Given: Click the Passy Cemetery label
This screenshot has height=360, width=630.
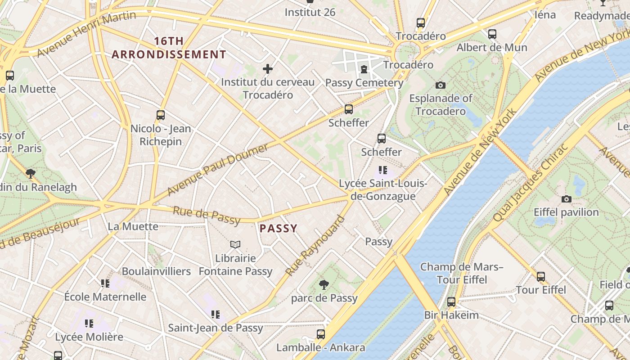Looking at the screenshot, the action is pyautogui.click(x=364, y=83).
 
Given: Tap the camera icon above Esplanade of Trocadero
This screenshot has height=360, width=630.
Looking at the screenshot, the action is pyautogui.click(x=441, y=85).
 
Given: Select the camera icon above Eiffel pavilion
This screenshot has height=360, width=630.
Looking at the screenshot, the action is pyautogui.click(x=566, y=199).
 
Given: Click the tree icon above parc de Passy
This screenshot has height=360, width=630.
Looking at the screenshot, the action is pyautogui.click(x=324, y=284).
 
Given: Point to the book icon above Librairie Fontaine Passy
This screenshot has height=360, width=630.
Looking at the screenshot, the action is pyautogui.click(x=235, y=245).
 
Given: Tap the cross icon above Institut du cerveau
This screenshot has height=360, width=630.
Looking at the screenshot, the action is pyautogui.click(x=268, y=69).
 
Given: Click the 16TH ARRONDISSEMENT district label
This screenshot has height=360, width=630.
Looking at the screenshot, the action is pyautogui.click(x=169, y=48).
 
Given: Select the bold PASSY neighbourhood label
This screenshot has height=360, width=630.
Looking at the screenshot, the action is pyautogui.click(x=279, y=228).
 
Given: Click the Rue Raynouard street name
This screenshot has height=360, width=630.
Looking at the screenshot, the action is pyautogui.click(x=315, y=246).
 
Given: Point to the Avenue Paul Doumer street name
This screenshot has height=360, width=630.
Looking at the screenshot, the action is pyautogui.click(x=218, y=169).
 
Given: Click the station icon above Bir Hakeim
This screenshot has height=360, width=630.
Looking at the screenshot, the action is pyautogui.click(x=451, y=302).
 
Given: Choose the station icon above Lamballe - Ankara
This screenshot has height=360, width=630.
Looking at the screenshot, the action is pyautogui.click(x=320, y=334).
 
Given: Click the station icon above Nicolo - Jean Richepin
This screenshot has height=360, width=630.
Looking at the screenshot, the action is pyautogui.click(x=161, y=115).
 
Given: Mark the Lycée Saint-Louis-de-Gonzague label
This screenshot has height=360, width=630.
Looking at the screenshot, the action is pyautogui.click(x=383, y=190).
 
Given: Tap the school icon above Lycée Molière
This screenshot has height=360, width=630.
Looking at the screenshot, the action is pyautogui.click(x=89, y=323).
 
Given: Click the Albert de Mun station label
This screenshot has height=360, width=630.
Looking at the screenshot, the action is pyautogui.click(x=492, y=47).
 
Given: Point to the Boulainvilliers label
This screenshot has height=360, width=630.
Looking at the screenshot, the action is pyautogui.click(x=156, y=271).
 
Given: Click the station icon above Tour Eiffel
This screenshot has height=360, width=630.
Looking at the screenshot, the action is pyautogui.click(x=541, y=277).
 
